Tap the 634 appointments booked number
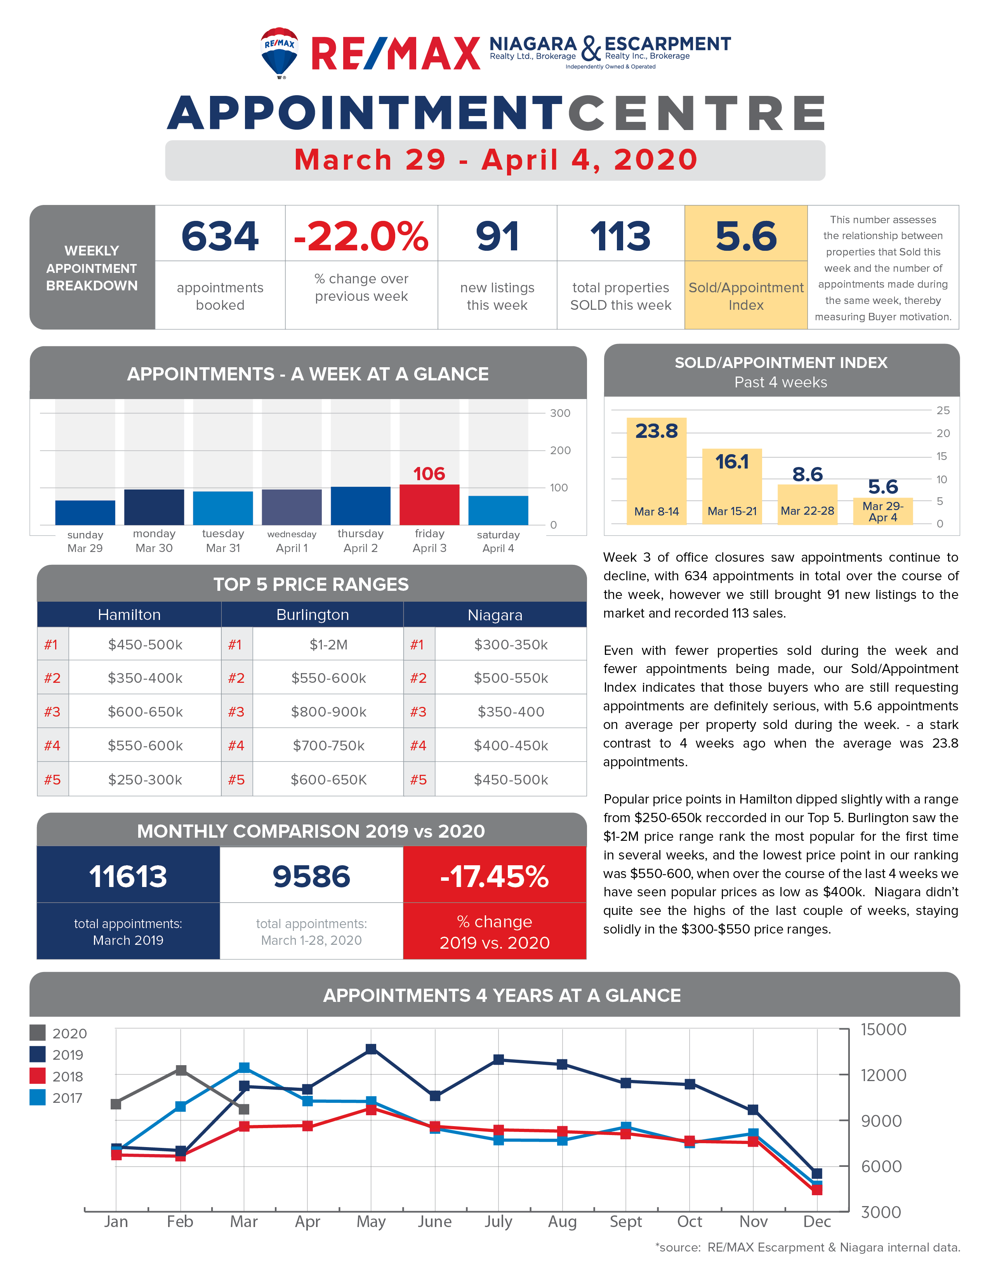click(x=220, y=236)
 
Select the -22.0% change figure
click(x=361, y=236)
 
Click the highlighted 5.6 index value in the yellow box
click(x=746, y=236)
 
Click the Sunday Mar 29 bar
click(x=85, y=513)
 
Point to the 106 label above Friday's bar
click(x=429, y=473)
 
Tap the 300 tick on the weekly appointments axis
click(x=560, y=413)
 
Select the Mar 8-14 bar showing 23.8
click(x=656, y=471)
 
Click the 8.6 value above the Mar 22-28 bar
click(x=808, y=474)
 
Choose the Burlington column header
click(x=313, y=615)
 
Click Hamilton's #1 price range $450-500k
click(x=145, y=645)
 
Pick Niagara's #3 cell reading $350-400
click(x=511, y=712)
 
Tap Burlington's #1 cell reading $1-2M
click(x=328, y=645)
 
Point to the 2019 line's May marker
click(x=371, y=1049)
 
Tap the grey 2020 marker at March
click(x=244, y=1109)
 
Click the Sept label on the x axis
click(x=626, y=1221)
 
